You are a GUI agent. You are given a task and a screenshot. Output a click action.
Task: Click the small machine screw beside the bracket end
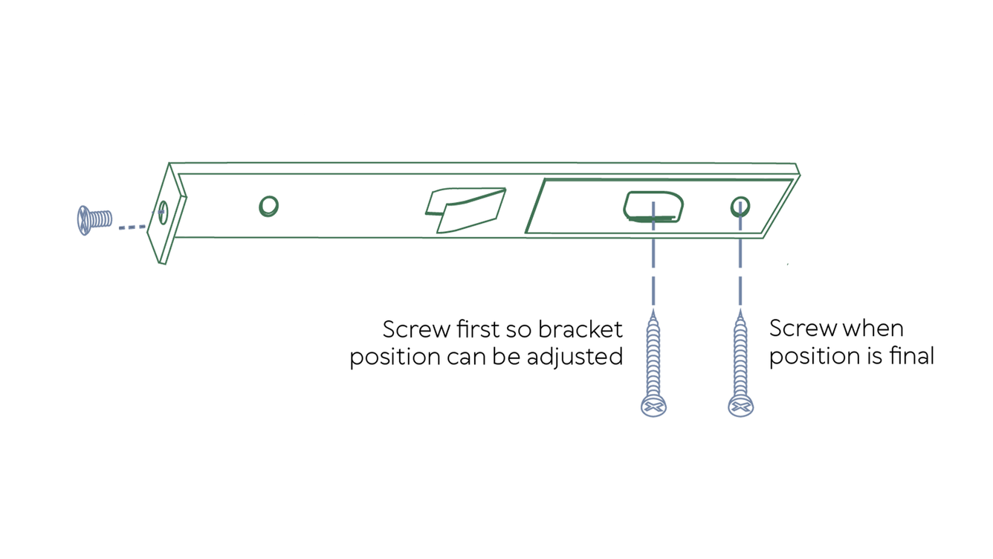point(94,220)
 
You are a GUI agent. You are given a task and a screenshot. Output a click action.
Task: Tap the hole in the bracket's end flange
point(164,213)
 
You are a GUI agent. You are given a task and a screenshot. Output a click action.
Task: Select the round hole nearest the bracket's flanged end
point(268,206)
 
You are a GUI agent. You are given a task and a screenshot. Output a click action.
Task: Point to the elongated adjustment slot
point(653,206)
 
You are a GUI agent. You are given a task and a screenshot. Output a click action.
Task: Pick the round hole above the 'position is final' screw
point(740,206)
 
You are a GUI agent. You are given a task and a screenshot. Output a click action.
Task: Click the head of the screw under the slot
point(653,406)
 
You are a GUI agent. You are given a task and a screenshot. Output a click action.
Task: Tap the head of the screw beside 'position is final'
point(740,406)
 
